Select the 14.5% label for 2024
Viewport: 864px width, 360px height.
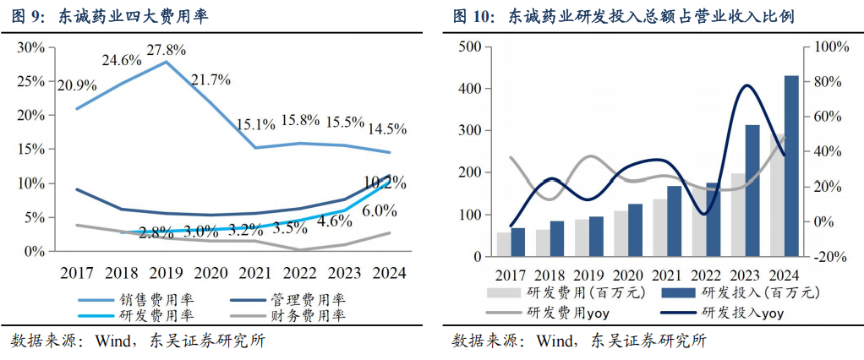[387, 128]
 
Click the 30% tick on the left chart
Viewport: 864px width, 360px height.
[31, 47]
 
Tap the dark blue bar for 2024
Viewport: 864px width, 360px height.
[791, 166]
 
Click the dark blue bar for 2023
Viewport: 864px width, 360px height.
[752, 190]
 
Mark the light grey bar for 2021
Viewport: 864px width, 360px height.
[660, 228]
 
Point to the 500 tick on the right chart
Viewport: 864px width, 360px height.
[470, 46]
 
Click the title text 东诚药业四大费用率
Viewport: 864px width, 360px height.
[134, 15]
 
